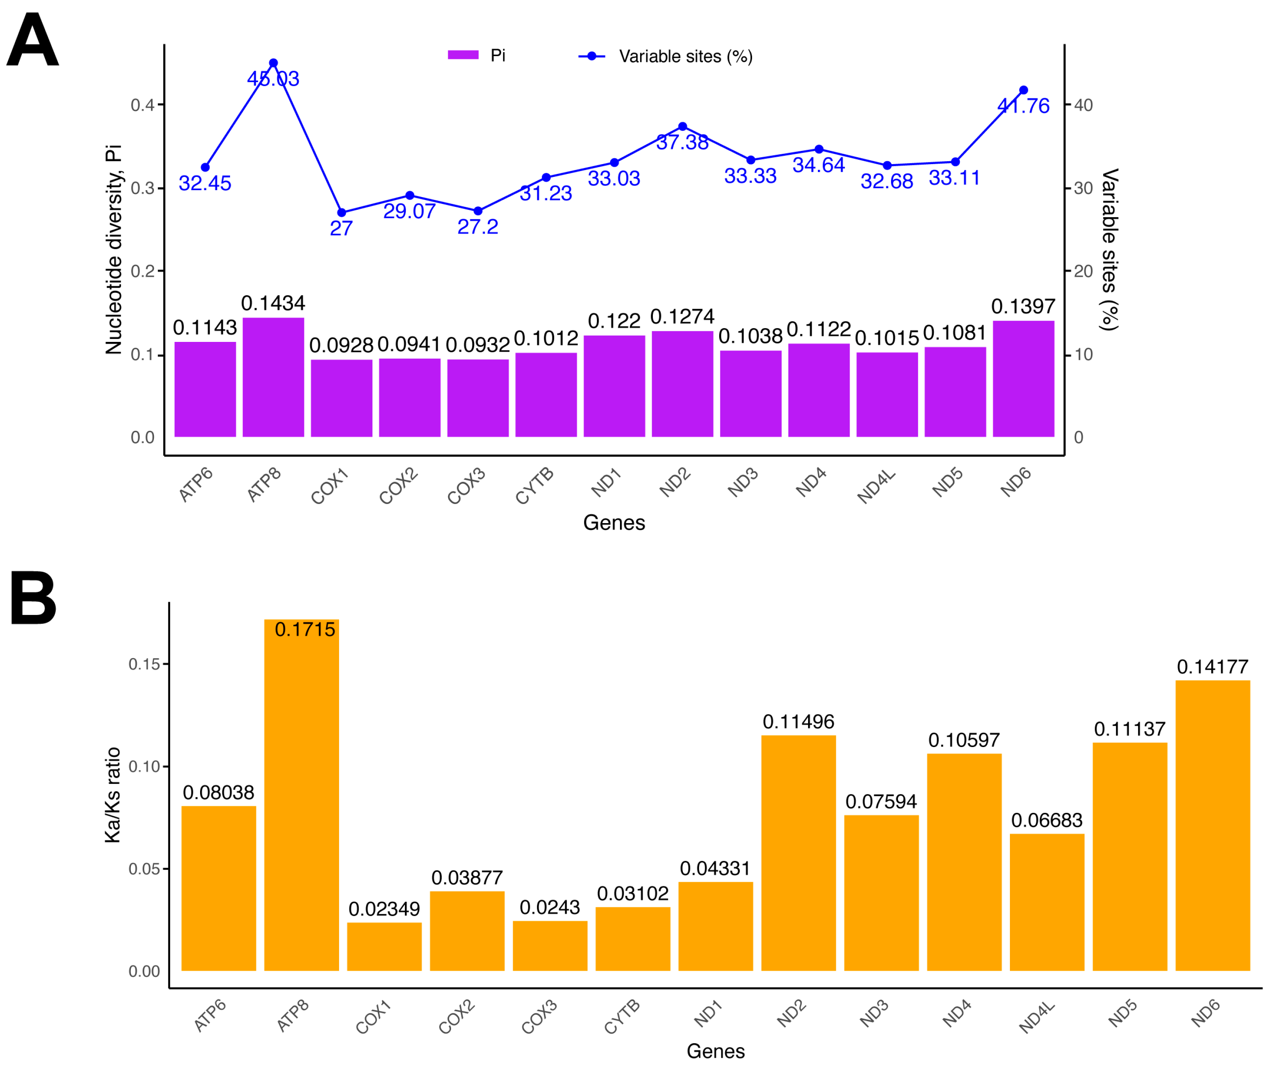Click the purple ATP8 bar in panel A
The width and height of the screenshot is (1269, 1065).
click(x=273, y=377)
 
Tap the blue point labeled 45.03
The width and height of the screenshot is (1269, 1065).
click(x=273, y=63)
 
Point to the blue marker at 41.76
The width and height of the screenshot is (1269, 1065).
click(x=1023, y=90)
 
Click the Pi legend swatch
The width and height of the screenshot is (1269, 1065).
click(x=463, y=55)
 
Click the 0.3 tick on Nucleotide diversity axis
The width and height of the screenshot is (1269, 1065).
click(x=143, y=188)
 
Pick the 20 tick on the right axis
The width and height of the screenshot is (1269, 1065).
click(x=1083, y=271)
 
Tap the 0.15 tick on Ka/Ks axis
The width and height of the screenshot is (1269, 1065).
click(x=144, y=664)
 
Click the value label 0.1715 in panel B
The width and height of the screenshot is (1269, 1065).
click(x=304, y=630)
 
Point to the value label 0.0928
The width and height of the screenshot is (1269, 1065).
click(x=342, y=346)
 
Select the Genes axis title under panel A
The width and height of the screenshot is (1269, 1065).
click(x=614, y=523)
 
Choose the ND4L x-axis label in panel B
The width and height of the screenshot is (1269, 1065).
click(x=1037, y=1017)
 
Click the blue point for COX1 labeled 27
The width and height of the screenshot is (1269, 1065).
click(x=342, y=213)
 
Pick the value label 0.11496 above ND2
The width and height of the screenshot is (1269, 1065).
click(x=798, y=722)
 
